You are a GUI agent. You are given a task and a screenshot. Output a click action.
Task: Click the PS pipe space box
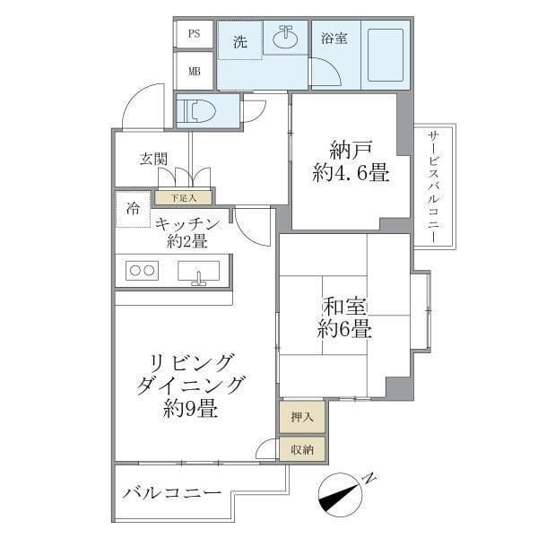(x=194, y=34)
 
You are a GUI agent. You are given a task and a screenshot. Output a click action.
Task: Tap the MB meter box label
(x=194, y=70)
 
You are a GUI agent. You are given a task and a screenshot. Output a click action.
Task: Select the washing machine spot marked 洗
(x=239, y=41)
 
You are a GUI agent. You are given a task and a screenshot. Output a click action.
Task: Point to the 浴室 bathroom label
(x=335, y=39)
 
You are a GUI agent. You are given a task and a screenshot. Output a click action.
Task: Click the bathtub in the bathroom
(x=385, y=55)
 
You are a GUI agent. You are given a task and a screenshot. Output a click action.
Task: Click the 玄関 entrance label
(x=153, y=159)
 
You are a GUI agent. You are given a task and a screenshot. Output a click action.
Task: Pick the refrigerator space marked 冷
(x=134, y=210)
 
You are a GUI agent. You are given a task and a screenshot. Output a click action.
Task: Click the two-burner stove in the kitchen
(x=142, y=270)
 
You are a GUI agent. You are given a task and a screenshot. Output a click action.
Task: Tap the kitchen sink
(x=198, y=271)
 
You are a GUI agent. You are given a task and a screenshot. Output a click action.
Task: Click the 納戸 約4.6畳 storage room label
(x=351, y=161)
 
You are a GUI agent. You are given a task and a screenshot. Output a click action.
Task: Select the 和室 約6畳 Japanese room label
(x=344, y=318)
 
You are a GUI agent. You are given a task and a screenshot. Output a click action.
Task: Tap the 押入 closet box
(x=301, y=416)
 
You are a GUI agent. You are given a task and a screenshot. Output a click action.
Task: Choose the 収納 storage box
(x=301, y=450)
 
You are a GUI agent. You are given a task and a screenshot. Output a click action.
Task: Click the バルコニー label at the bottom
(x=172, y=494)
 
